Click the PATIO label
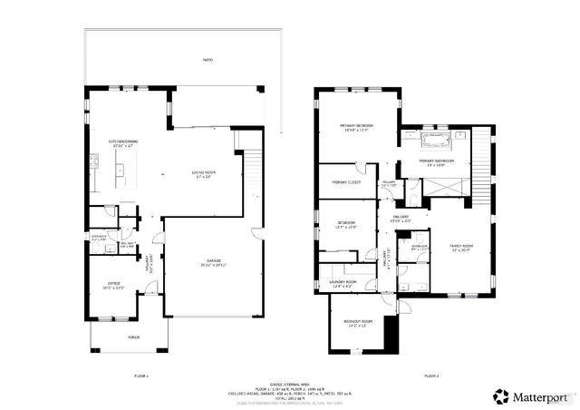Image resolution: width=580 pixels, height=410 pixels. [x=208, y=60]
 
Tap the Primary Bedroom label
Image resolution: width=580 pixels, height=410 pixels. [x=357, y=127]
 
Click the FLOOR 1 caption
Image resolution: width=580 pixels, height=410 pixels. [x=140, y=376]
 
